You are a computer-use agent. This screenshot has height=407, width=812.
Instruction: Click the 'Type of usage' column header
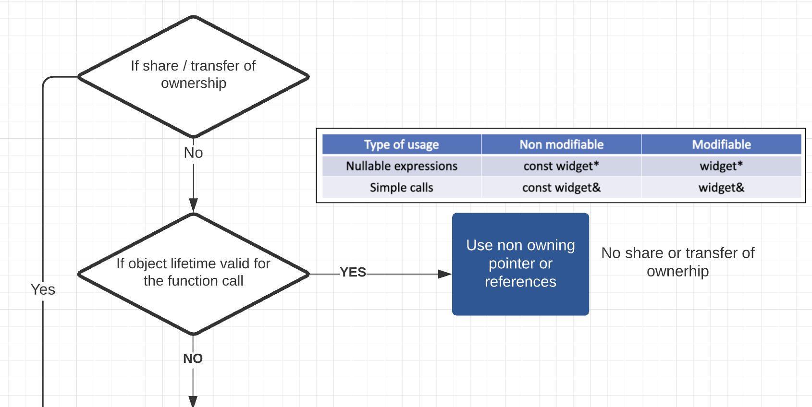(401, 144)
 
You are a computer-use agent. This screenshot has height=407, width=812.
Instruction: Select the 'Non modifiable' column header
(561, 144)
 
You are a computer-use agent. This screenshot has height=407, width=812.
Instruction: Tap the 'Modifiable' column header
(721, 144)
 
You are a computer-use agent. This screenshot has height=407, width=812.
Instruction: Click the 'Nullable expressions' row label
(402, 166)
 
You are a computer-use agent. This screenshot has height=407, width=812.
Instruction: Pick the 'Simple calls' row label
(401, 188)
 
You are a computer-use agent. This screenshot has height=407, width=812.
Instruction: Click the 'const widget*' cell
(561, 166)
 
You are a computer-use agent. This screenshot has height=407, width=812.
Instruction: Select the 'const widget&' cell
(561, 188)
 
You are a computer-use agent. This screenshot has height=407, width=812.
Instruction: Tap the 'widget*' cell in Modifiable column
(721, 166)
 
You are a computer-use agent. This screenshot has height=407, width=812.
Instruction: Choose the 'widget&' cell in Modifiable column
(721, 188)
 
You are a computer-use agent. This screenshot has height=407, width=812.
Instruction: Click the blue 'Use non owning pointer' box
(520, 264)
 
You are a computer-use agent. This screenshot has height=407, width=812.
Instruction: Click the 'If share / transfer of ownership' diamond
(193, 77)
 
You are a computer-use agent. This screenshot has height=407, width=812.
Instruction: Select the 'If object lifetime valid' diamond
(193, 274)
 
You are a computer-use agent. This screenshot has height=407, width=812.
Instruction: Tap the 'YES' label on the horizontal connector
(353, 272)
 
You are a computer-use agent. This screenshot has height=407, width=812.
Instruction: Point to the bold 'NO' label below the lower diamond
(193, 359)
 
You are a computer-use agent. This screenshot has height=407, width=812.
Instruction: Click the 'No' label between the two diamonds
(193, 153)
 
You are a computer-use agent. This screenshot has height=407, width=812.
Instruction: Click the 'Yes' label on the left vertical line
(43, 289)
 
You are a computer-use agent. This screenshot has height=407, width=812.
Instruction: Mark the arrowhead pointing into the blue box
(445, 274)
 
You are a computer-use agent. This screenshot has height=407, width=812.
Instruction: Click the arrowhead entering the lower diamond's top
(193, 205)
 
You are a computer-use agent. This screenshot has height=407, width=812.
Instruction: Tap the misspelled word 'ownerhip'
(677, 272)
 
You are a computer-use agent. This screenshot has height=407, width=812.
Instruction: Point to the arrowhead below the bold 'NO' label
(193, 402)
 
